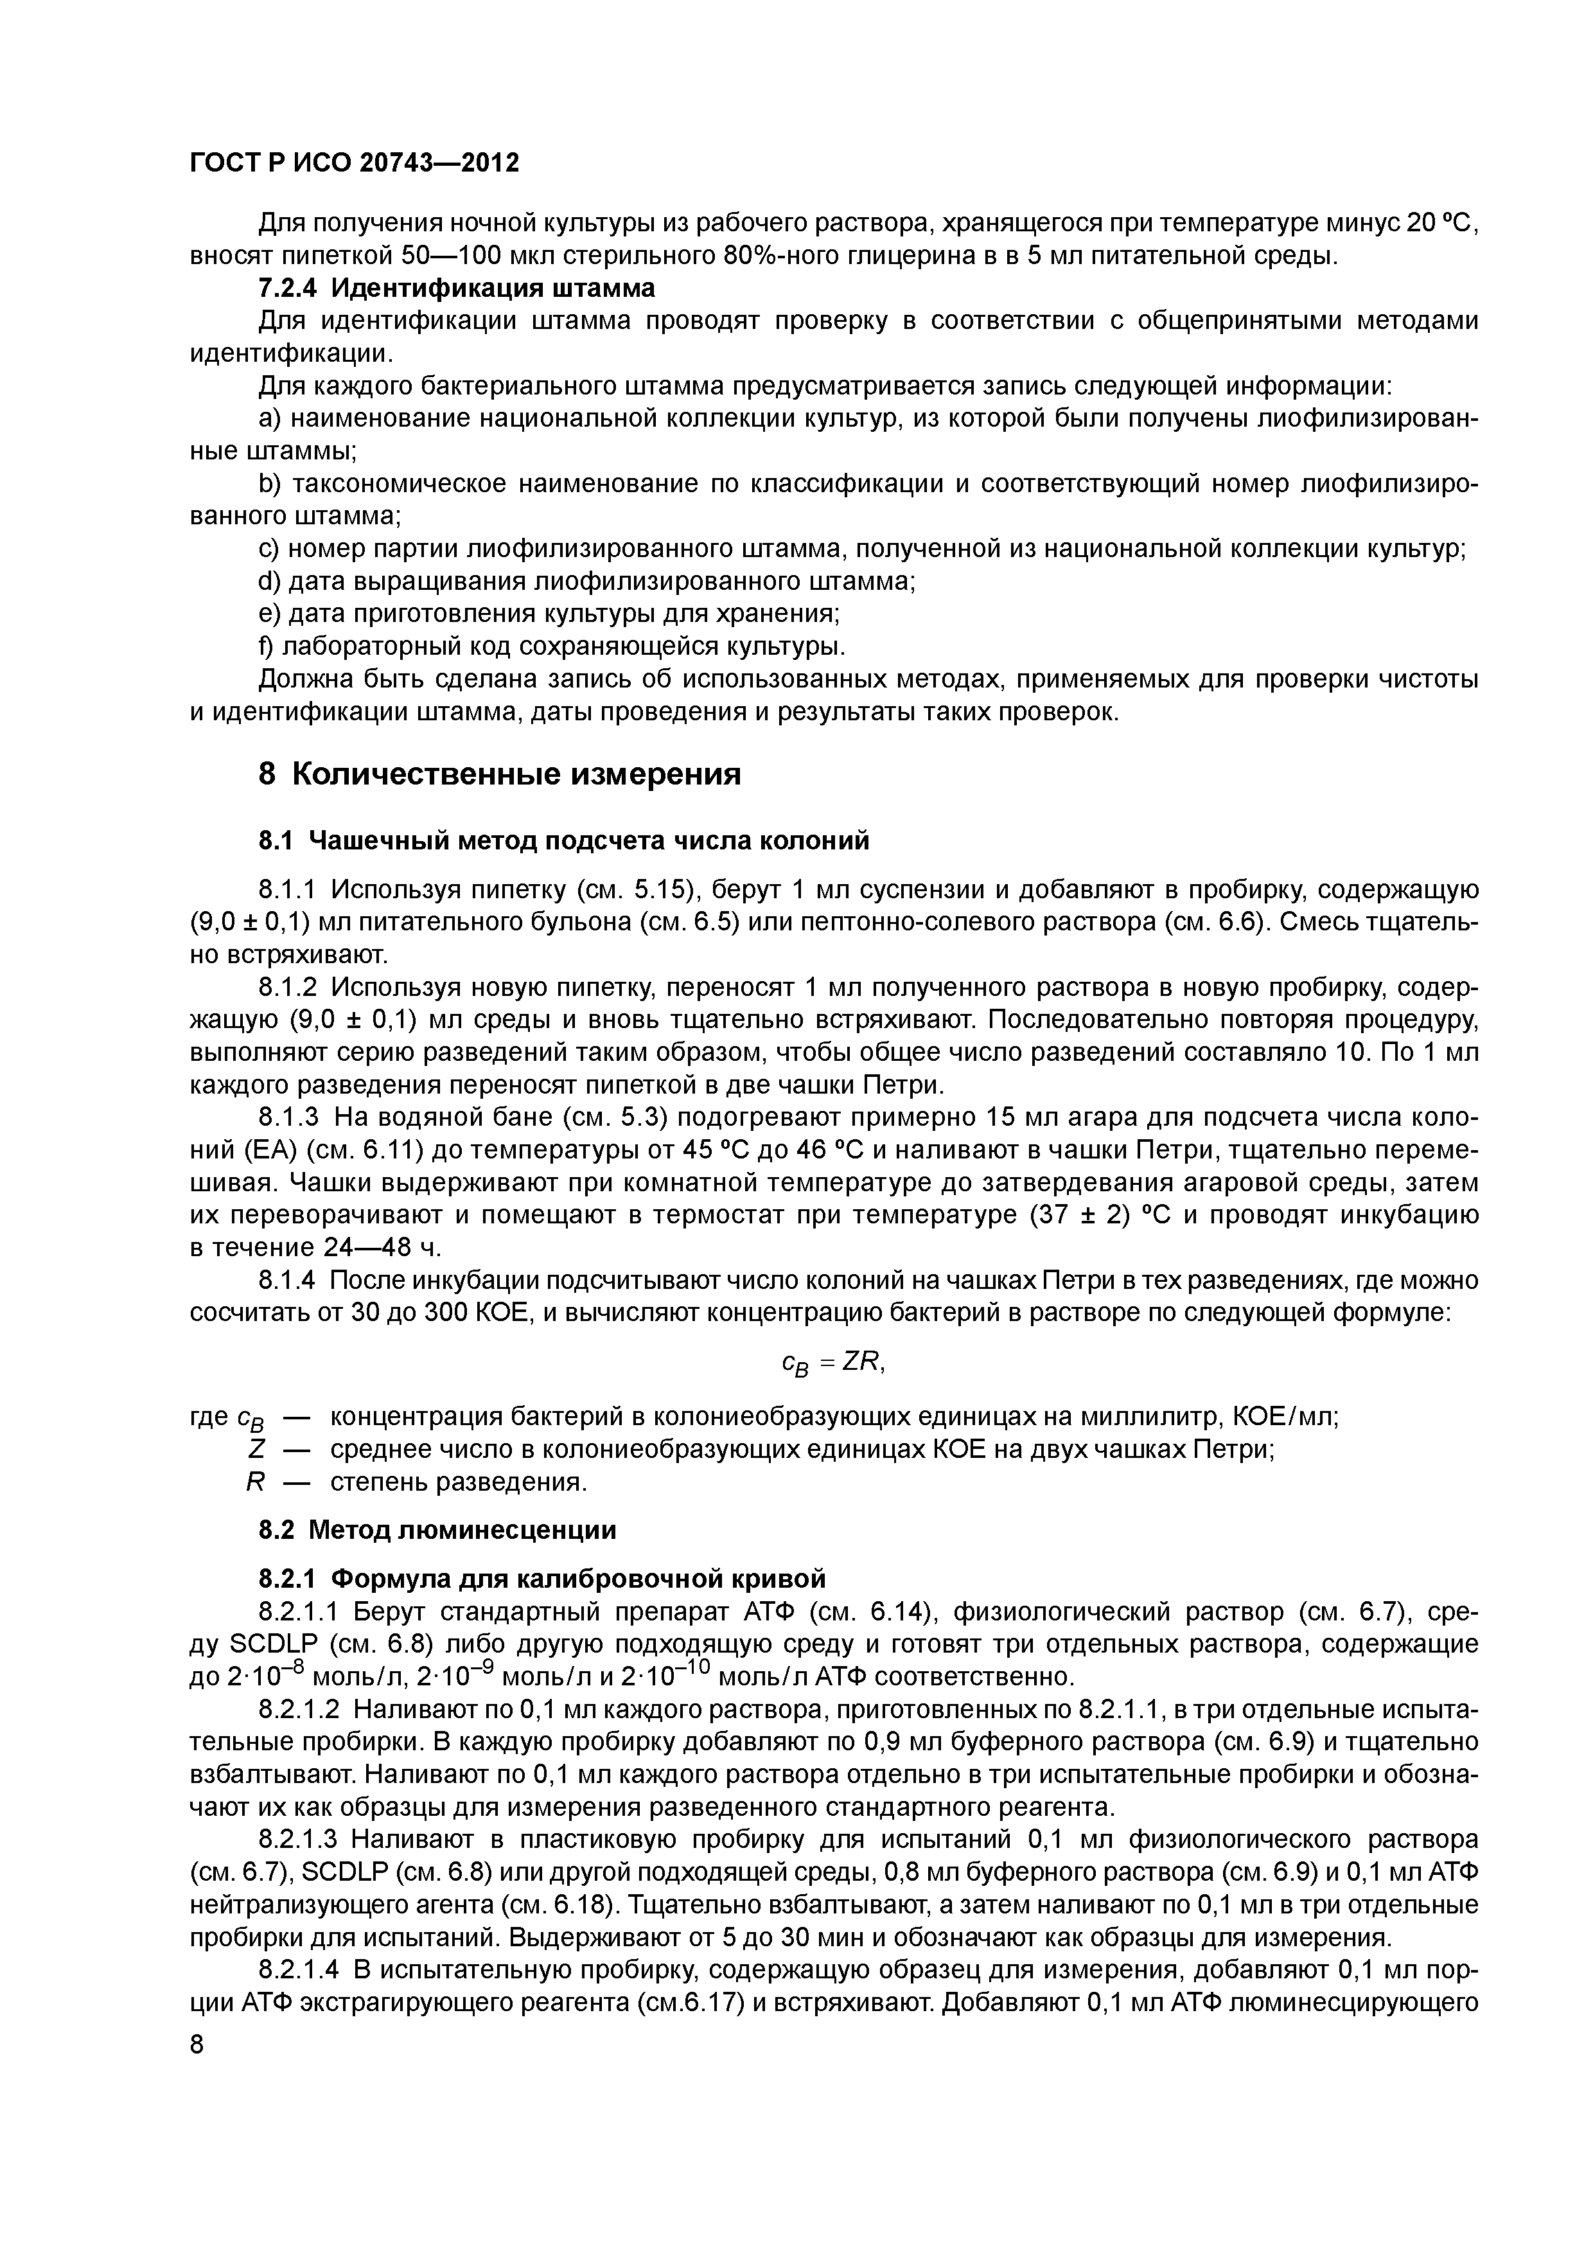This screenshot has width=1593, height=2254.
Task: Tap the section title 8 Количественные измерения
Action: pyautogui.click(x=500, y=774)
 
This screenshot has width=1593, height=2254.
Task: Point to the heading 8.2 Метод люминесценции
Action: pyautogui.click(x=438, y=1529)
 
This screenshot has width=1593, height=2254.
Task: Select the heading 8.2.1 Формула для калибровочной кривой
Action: pyautogui.click(x=541, y=1579)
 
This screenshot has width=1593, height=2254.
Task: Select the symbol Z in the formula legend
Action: pyautogui.click(x=257, y=1449)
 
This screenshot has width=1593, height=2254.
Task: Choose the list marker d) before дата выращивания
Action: pyautogui.click(x=269, y=582)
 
